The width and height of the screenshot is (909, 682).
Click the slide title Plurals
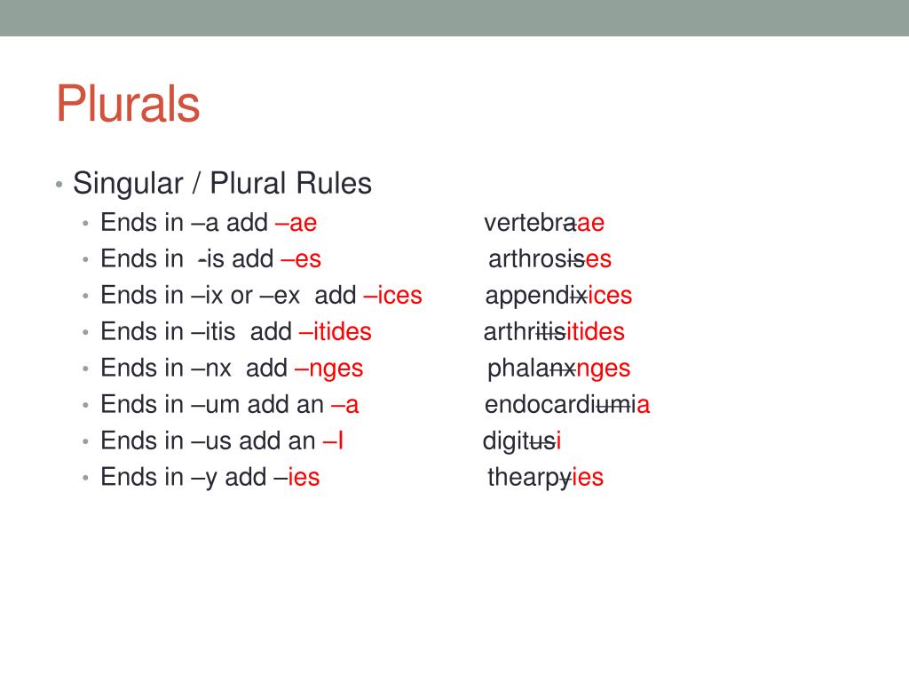[128, 104]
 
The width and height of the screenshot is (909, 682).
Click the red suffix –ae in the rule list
[296, 223]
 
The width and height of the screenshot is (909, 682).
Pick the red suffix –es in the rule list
[300, 259]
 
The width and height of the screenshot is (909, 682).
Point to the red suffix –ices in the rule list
[392, 296]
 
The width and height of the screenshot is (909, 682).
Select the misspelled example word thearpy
[529, 478]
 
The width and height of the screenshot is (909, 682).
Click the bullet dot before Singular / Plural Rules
[58, 185]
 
